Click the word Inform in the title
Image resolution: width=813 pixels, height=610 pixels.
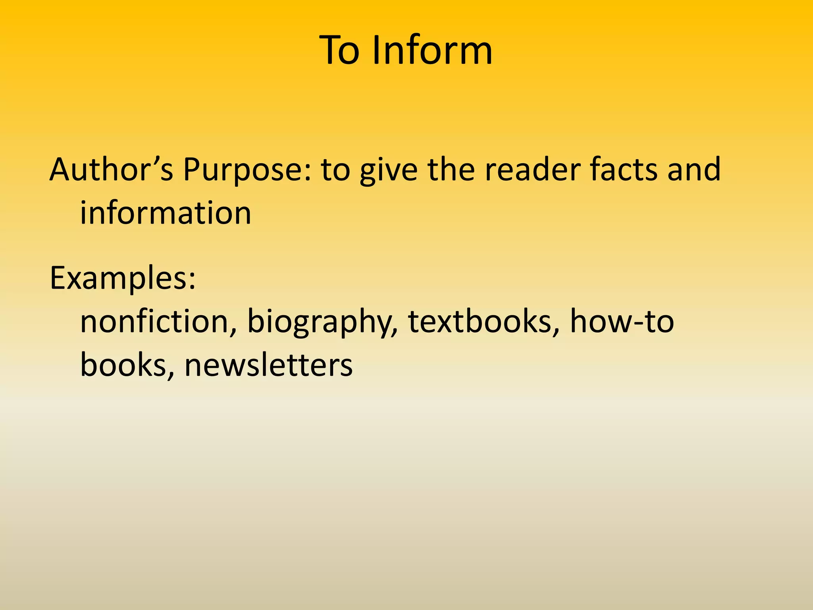point(432,50)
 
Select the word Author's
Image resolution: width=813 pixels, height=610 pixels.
point(111,169)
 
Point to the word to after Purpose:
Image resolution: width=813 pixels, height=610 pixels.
point(335,170)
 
